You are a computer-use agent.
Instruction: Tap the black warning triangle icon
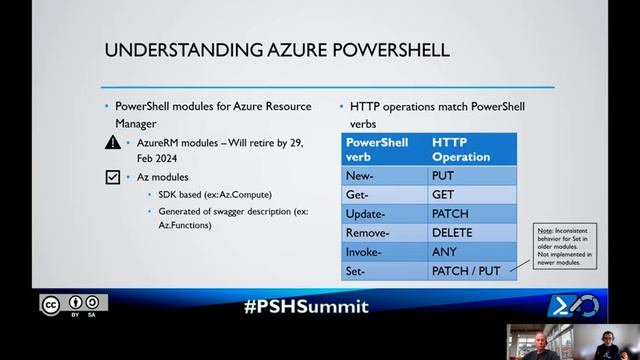click(x=113, y=143)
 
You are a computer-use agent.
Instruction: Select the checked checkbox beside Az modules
click(x=113, y=177)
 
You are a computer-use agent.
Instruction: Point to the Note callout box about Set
click(x=566, y=245)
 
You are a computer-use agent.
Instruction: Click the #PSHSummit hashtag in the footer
click(x=305, y=306)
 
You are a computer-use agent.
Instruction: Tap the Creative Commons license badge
click(x=73, y=304)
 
